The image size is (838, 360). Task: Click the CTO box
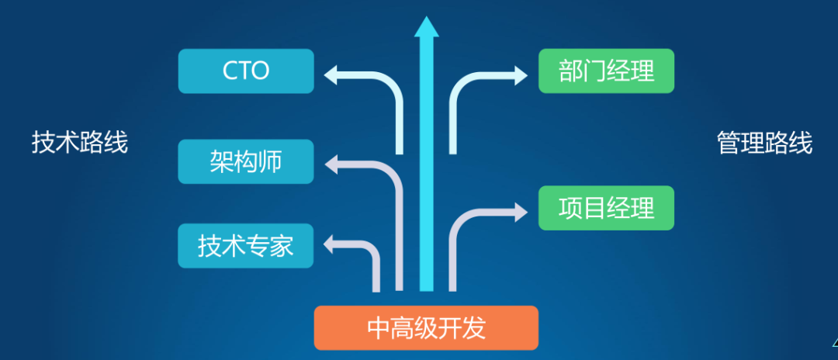[246, 71]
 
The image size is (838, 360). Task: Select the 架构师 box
[246, 161]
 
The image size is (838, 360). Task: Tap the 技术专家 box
[246, 246]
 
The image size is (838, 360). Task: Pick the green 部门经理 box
[606, 71]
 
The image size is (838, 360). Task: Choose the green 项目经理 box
[606, 207]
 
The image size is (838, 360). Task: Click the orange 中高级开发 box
[426, 327]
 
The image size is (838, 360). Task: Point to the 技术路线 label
[80, 143]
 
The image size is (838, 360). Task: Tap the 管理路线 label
[764, 143]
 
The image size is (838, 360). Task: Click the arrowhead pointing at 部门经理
[520, 74]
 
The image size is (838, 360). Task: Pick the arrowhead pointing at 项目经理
[520, 209]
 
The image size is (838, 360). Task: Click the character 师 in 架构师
[270, 161]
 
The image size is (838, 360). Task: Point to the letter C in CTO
[230, 71]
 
